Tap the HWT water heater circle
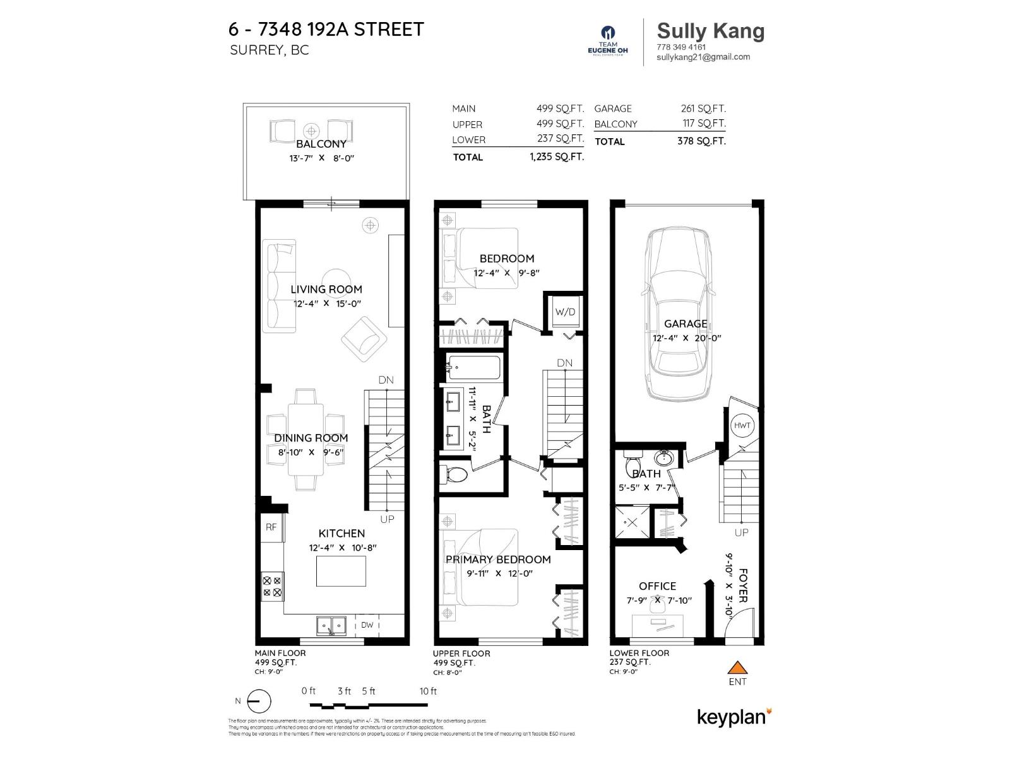click(x=742, y=426)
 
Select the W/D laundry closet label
click(x=565, y=312)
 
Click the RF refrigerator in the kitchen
click(x=271, y=527)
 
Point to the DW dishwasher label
click(x=367, y=625)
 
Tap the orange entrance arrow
click(x=737, y=667)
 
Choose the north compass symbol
click(x=258, y=701)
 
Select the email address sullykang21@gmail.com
click(x=703, y=57)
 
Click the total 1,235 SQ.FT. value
click(x=557, y=157)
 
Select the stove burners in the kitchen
click(x=273, y=587)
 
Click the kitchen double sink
click(x=331, y=626)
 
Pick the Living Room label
click(x=326, y=290)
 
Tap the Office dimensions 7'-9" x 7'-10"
click(x=659, y=601)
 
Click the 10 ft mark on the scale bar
click(x=428, y=691)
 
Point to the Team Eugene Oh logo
click(x=608, y=41)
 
